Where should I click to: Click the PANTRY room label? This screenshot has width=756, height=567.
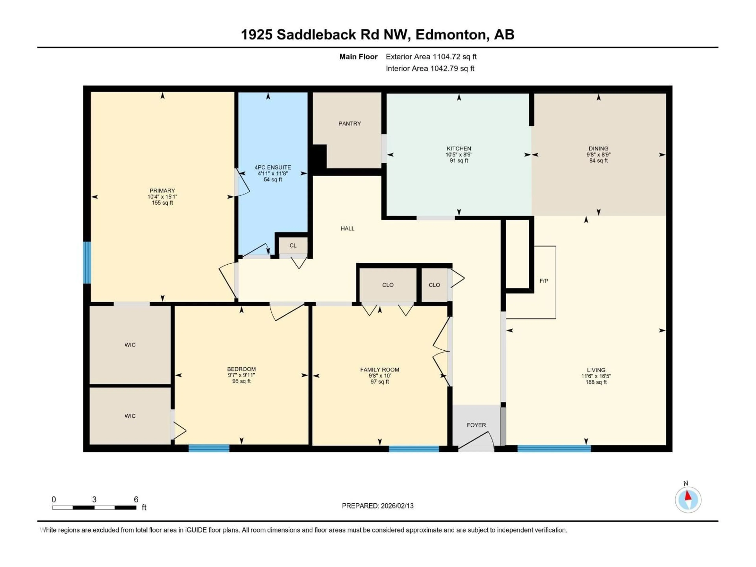[x=349, y=124]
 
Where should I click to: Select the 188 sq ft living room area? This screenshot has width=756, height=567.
[x=596, y=382]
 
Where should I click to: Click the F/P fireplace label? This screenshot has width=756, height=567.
[x=544, y=281]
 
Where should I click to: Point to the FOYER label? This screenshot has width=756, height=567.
[x=476, y=425]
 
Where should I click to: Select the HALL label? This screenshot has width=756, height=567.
[x=347, y=228]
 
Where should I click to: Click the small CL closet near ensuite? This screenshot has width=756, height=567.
[x=293, y=245]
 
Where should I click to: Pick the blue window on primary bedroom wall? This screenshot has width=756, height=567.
[x=87, y=262]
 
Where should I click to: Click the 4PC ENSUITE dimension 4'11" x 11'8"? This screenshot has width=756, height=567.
[x=273, y=173]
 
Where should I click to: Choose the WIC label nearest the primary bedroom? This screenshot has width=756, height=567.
[x=130, y=345]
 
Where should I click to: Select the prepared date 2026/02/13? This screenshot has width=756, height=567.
[x=378, y=506]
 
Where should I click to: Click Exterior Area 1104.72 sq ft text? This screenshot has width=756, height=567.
[x=431, y=57]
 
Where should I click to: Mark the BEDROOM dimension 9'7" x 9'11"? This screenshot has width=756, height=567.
[x=241, y=375]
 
